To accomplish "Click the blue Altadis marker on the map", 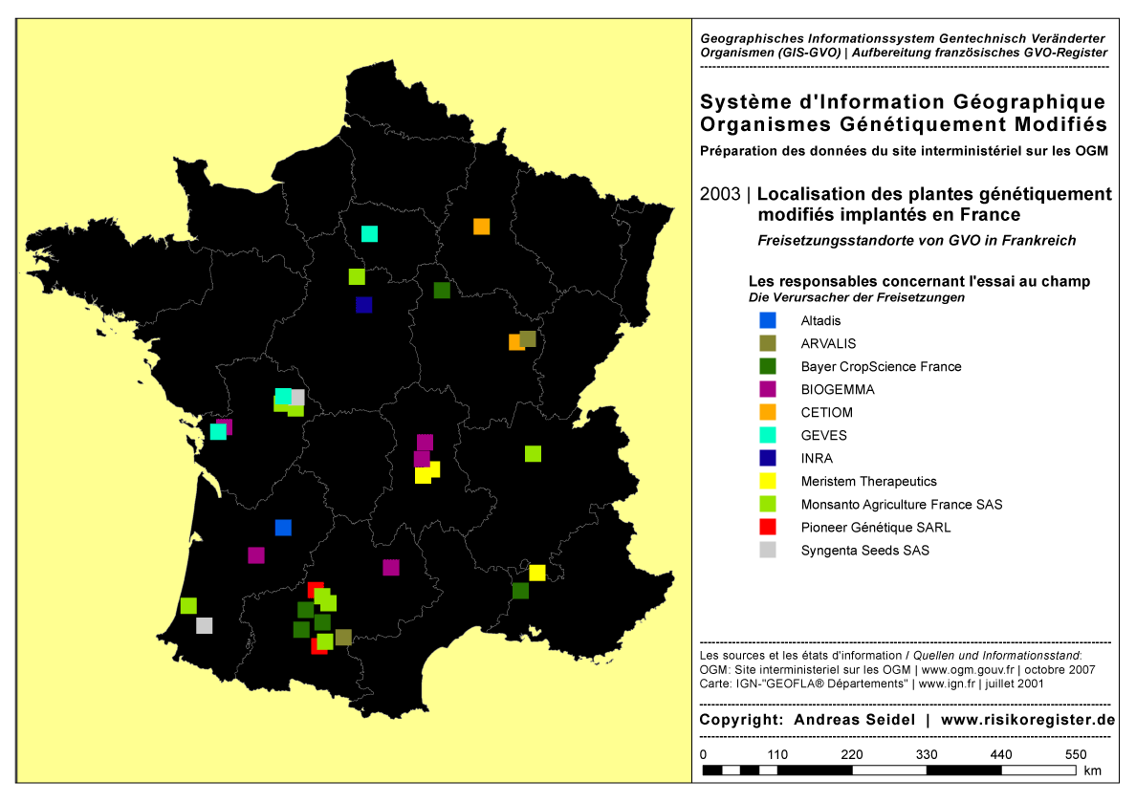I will point(283,528).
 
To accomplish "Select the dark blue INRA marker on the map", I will point(363,305).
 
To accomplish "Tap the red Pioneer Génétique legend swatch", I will point(767,528).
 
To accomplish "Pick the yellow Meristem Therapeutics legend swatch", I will point(767,482).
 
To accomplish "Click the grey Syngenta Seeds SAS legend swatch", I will point(767,551).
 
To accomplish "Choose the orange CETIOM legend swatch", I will point(767,413).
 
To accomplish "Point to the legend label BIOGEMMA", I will point(838,390).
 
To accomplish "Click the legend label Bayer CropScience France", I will point(881,367).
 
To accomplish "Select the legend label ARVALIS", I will point(828,344).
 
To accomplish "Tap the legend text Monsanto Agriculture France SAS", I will point(901,505).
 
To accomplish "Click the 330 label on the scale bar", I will point(926,755).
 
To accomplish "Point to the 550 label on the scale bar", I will point(1076,755).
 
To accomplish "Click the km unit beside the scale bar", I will point(1093,770).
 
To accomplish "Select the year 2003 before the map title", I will point(719,194).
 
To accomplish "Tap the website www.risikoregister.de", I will point(1028,720).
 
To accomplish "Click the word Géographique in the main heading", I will point(1025,102).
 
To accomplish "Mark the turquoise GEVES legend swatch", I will point(767,436).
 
